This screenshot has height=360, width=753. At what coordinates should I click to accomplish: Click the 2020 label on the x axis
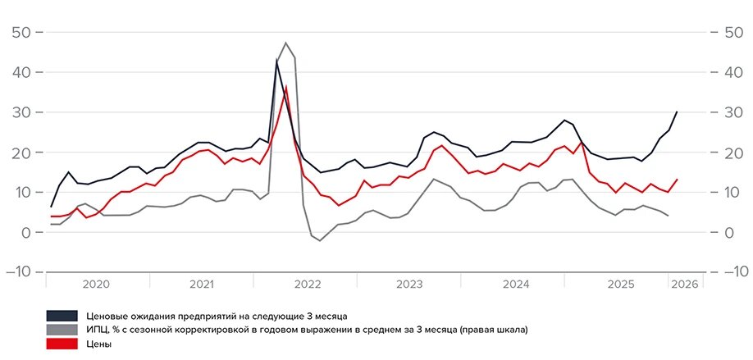(97, 285)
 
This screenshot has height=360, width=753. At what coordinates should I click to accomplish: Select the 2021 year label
(202, 285)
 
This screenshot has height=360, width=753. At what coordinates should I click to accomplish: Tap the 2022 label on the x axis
(307, 285)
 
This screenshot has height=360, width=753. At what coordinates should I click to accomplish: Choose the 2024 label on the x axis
(516, 285)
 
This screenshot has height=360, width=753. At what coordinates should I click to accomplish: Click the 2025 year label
(620, 285)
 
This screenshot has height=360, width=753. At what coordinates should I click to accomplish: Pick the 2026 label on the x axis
(684, 285)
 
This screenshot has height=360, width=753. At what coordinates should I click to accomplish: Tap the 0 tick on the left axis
(26, 233)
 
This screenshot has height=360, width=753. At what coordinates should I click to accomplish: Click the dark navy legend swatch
(62, 316)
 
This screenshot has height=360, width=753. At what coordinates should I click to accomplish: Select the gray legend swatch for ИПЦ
(62, 330)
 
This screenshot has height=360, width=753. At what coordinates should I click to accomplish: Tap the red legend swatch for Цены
(62, 344)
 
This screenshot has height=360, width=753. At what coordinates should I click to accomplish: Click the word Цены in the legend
(98, 344)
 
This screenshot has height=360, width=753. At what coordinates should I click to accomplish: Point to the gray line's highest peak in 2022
(285, 43)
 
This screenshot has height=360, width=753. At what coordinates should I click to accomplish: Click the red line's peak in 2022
(286, 86)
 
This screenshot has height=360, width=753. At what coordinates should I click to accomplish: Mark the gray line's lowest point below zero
(321, 240)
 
